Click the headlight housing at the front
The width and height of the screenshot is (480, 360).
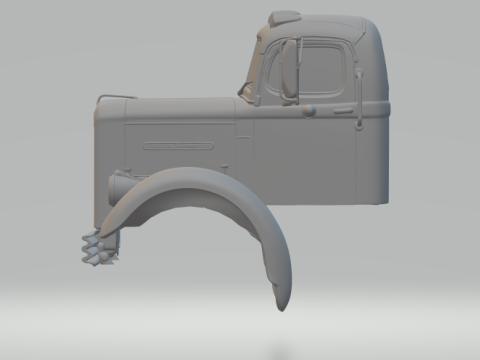(120, 184)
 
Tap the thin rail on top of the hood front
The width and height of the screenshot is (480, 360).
(114, 95)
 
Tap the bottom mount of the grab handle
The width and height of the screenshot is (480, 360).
(357, 125)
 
